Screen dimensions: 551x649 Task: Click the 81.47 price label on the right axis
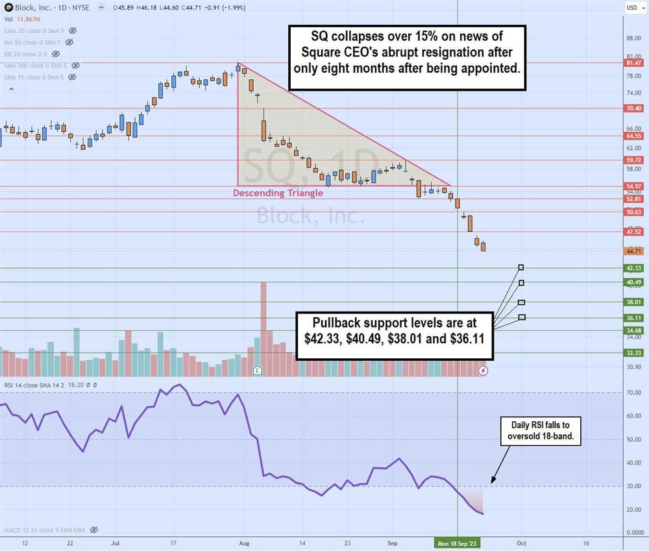click(x=633, y=63)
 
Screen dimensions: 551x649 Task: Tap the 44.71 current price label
click(x=633, y=251)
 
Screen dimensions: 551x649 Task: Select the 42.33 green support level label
click(x=633, y=268)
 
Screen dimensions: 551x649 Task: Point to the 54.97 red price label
click(x=633, y=186)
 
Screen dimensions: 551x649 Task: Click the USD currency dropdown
click(x=632, y=7)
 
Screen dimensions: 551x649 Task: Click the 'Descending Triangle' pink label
click(x=278, y=193)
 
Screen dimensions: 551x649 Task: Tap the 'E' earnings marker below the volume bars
click(x=257, y=370)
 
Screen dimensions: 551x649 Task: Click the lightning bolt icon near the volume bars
click(x=483, y=370)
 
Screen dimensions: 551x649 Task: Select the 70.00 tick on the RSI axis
click(x=632, y=393)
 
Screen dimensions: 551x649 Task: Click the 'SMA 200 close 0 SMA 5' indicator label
click(x=36, y=66)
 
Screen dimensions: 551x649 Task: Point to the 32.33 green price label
click(x=633, y=352)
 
